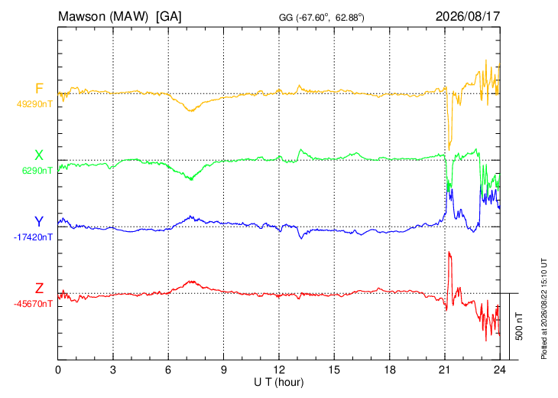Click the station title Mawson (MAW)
point(103,16)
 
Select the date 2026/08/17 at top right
point(468,16)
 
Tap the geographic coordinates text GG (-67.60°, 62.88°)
point(321,18)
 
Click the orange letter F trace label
point(39,88)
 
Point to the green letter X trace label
point(39,155)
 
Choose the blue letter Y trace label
point(39,222)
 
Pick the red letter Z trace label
point(39,288)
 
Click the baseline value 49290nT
point(34,104)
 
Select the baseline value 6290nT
point(37,171)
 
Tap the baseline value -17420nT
point(33,237)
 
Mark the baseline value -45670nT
point(33,304)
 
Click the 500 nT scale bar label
point(519,326)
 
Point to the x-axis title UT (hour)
point(279,383)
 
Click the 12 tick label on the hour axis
point(279,370)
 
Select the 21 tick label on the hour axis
point(445,370)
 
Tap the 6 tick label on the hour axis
point(168,370)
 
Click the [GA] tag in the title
point(169,16)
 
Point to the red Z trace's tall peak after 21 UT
point(449,252)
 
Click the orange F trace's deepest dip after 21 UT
point(449,150)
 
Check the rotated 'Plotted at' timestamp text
point(543,308)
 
